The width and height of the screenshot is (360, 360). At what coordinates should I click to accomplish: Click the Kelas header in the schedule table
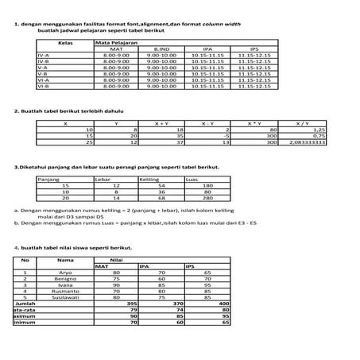(x=67, y=41)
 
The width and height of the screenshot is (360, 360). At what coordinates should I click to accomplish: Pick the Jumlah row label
(x=25, y=304)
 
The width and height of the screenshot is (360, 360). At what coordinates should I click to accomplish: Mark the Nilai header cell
(x=116, y=259)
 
